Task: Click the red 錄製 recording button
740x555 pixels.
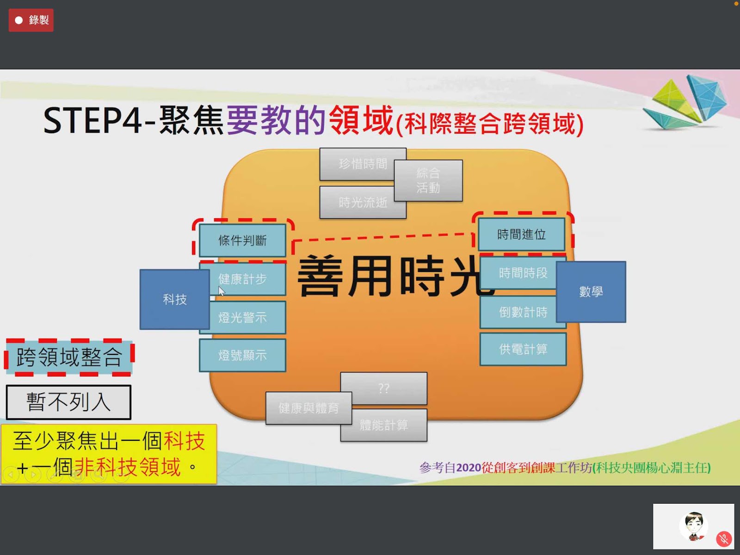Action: click(31, 20)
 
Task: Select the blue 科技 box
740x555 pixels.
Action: click(174, 299)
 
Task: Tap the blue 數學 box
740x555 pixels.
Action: click(591, 292)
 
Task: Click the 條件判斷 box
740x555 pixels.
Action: click(242, 240)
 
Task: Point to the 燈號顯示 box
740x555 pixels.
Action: click(242, 355)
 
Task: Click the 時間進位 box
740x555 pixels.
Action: click(521, 234)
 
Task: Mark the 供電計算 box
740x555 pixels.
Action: click(523, 349)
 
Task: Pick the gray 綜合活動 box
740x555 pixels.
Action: click(428, 180)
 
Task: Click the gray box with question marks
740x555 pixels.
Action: click(384, 388)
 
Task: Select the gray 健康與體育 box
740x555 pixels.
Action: click(308, 408)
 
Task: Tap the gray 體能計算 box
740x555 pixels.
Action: click(384, 425)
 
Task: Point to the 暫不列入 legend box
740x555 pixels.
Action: click(68, 402)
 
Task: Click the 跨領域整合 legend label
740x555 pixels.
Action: click(69, 357)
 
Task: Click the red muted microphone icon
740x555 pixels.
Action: click(724, 539)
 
